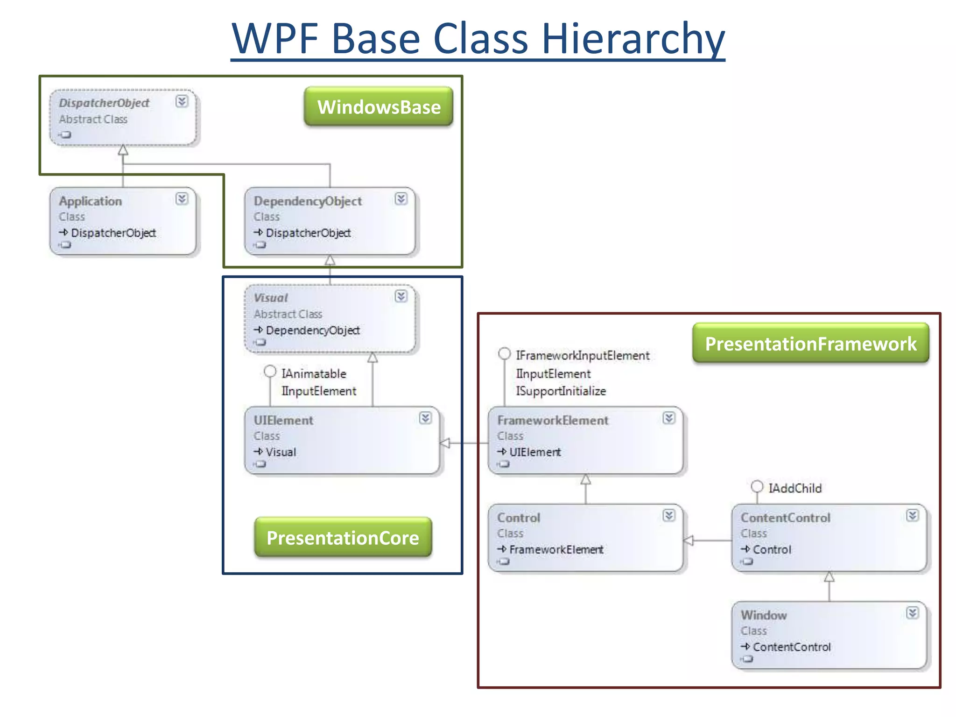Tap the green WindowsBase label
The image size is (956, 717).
click(x=379, y=107)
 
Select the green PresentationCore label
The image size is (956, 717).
click(x=343, y=538)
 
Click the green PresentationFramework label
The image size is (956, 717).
click(x=811, y=344)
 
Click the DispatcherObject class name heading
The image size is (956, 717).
click(x=104, y=103)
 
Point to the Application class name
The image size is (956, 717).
click(x=90, y=201)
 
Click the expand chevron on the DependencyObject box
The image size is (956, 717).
click(x=401, y=199)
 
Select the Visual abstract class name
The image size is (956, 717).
click(x=271, y=298)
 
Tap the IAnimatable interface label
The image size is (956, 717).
click(x=314, y=373)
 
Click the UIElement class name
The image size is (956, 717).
click(x=283, y=420)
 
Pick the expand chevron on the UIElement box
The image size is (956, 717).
click(x=425, y=418)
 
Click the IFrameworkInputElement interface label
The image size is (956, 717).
click(x=583, y=355)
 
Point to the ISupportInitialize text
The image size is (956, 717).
click(x=561, y=391)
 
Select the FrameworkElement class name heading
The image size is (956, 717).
click(x=553, y=420)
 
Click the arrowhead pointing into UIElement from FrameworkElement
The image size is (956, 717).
click(x=445, y=443)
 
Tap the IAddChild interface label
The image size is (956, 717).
click(x=795, y=488)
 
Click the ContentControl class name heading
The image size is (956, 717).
click(x=786, y=518)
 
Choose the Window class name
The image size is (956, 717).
click(x=764, y=615)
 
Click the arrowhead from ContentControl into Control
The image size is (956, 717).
click(x=689, y=541)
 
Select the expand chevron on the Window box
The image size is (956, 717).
click(x=913, y=613)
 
